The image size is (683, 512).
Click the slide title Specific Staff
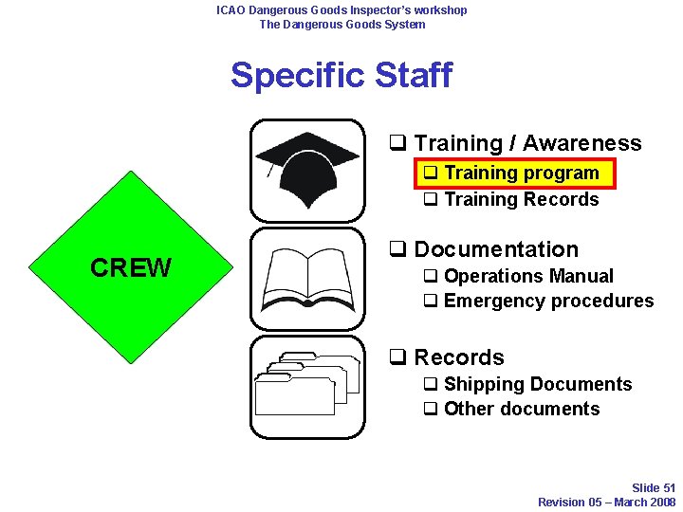click(341, 75)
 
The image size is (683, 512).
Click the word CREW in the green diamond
click(131, 268)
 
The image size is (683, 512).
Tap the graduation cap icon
click(306, 171)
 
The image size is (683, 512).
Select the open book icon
click(306, 278)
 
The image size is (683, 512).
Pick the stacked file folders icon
click(306, 385)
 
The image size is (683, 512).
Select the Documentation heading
click(495, 249)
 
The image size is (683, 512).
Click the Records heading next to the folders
click(458, 357)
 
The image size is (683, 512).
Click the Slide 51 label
click(654, 488)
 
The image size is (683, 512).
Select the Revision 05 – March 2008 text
click(606, 502)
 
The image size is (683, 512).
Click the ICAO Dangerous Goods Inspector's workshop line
click(341, 10)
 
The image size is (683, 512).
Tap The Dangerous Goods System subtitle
click(341, 24)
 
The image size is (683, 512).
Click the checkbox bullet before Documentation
click(398, 250)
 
